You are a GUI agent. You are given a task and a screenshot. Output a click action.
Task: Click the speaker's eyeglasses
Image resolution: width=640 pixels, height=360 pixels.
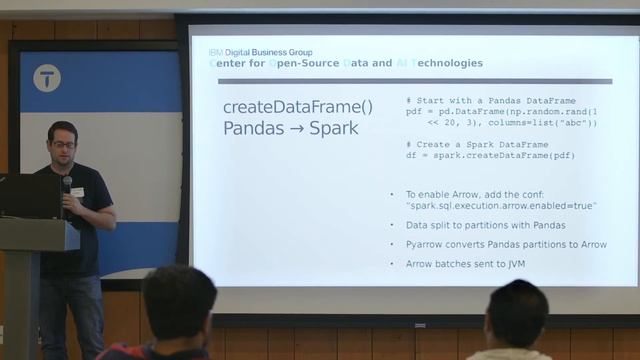point(63,145)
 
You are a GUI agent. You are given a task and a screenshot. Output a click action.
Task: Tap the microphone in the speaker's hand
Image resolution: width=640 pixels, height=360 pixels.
point(67,187)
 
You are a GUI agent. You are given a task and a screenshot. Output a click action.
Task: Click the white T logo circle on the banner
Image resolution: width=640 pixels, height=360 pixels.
point(46,78)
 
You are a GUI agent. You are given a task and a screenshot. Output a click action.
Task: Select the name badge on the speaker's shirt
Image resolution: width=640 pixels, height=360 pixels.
point(77,192)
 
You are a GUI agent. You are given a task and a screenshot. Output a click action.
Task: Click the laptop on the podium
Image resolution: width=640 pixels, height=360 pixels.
point(28,196)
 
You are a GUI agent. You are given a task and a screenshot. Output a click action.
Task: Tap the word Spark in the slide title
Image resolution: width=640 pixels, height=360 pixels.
point(333,129)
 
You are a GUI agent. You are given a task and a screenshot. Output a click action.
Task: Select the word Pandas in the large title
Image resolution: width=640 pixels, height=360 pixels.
point(253,129)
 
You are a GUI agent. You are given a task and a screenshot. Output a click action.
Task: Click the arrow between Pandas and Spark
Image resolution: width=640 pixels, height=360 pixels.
point(295,129)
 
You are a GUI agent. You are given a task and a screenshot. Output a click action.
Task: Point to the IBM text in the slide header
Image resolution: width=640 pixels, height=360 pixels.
point(215,52)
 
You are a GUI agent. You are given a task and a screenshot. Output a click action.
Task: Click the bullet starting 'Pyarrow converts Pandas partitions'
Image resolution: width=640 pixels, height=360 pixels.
point(506,244)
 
